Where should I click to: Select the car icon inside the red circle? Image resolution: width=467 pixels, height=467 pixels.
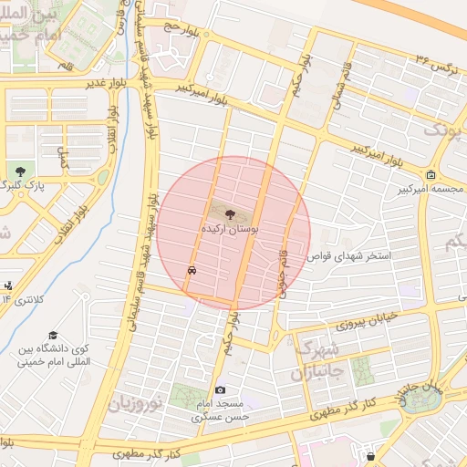pyautogui.click(x=192, y=271)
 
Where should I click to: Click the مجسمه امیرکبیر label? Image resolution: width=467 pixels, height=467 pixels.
pyautogui.click(x=431, y=189)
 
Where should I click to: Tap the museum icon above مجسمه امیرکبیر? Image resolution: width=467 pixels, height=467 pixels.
pyautogui.click(x=431, y=174)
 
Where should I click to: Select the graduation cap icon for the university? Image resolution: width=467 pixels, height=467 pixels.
pyautogui.click(x=53, y=335)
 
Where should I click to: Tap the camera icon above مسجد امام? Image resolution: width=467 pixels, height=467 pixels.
pyautogui.click(x=219, y=389)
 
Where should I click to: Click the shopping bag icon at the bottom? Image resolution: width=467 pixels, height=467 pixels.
pyautogui.click(x=370, y=453)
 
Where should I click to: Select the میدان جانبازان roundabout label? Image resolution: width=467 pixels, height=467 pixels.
pyautogui.click(x=418, y=392)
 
